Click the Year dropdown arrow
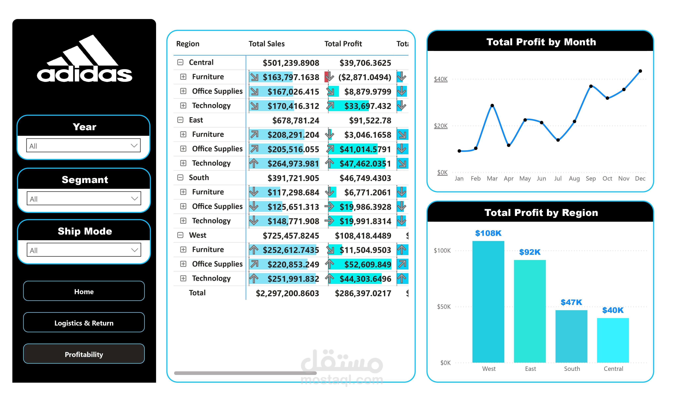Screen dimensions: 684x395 (134, 146)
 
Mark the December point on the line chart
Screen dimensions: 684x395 (640, 71)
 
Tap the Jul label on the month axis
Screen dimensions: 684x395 (558, 178)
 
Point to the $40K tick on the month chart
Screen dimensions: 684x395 (441, 79)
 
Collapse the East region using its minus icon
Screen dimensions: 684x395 (180, 120)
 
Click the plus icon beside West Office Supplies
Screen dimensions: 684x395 (183, 264)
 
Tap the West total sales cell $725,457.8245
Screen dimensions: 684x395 (291, 236)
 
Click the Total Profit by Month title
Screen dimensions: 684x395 (541, 42)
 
